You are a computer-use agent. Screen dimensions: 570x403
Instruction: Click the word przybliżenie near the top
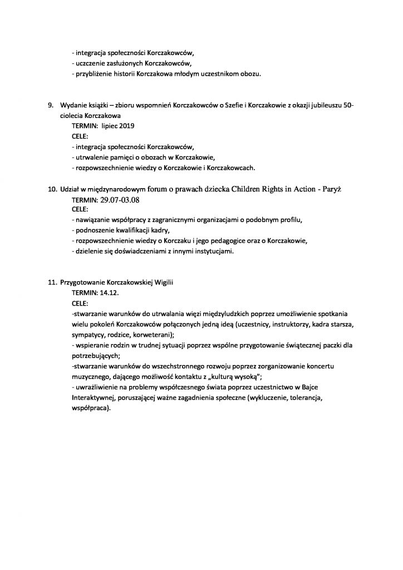tap(97, 75)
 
